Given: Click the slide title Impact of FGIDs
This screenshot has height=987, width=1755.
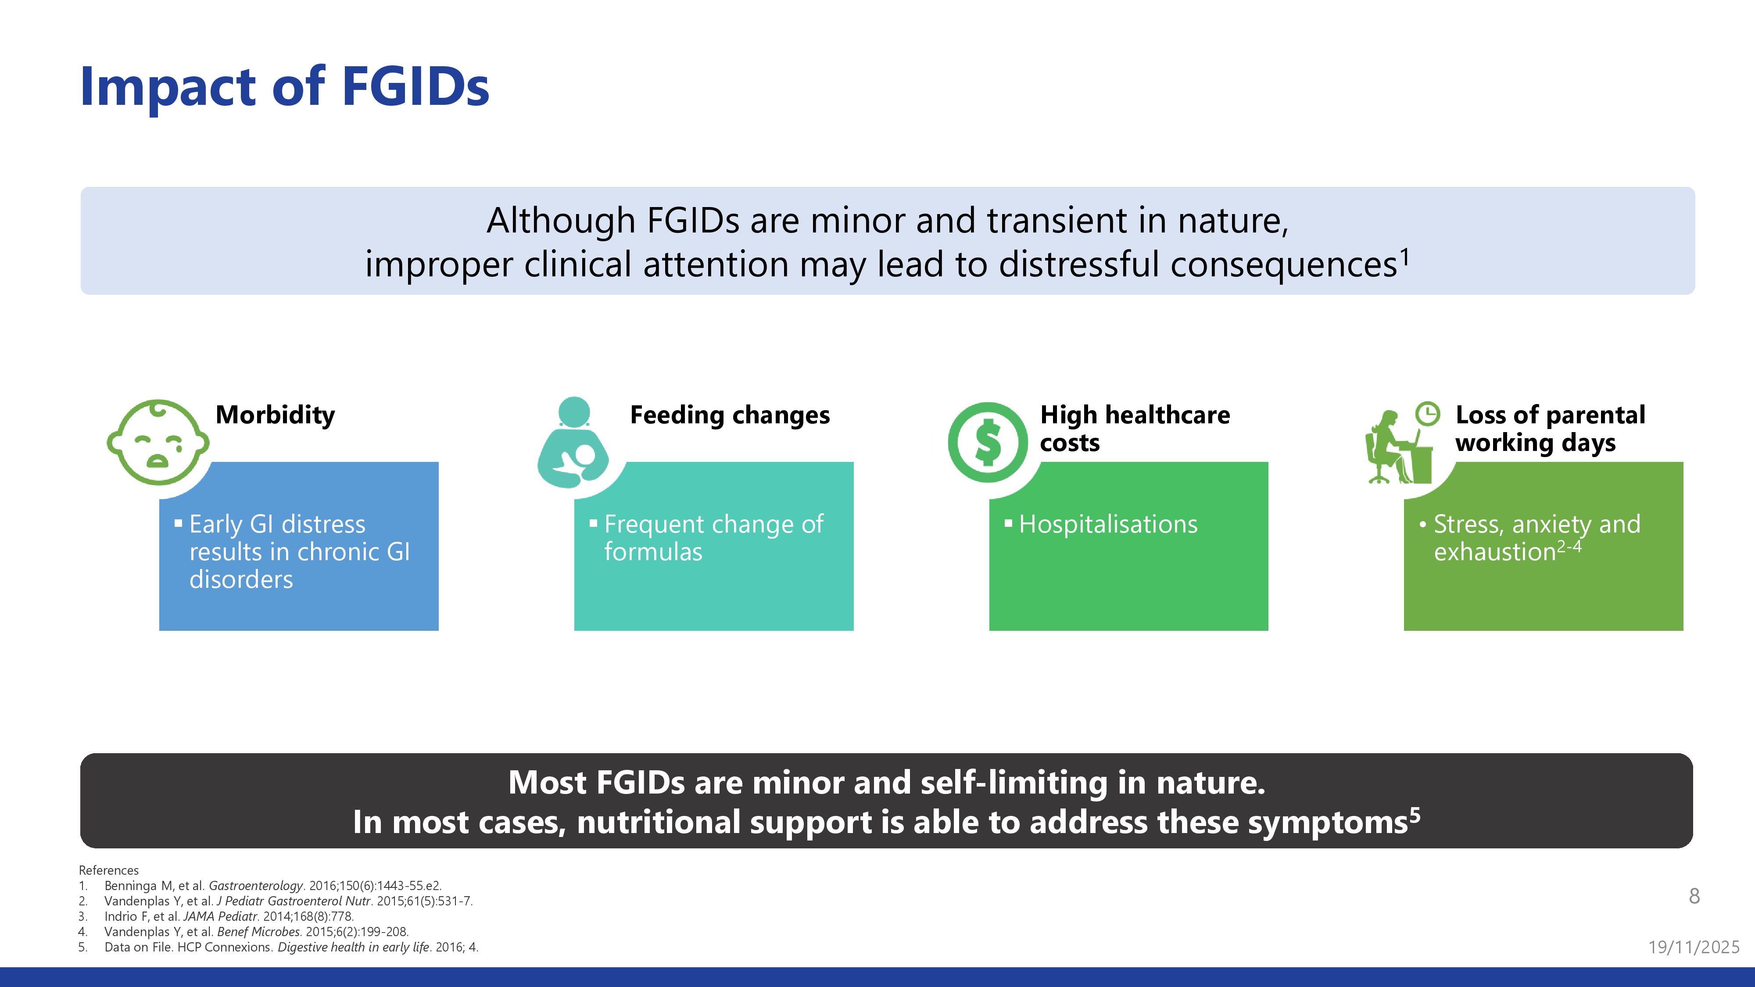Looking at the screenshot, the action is point(285,87).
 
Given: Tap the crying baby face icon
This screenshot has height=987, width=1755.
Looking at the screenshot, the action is point(158,442).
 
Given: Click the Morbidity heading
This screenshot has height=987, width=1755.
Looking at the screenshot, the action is point(275,415).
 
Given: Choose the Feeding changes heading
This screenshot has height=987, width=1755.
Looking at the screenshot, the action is point(730,415).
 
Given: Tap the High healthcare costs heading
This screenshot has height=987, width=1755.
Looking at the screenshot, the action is point(1135,429).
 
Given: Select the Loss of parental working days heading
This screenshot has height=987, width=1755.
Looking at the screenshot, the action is point(1550,429).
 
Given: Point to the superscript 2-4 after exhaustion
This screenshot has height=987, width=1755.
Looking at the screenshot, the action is point(1569,546).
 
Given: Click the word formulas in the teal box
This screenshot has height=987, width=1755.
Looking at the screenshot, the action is point(653,552).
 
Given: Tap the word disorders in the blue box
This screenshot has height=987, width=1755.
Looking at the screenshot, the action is point(241,579).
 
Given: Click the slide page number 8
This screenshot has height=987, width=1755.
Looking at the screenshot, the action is point(1694,896).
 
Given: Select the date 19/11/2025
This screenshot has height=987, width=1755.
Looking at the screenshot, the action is point(1694,947).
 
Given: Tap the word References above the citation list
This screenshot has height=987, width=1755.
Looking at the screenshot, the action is point(108,870).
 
